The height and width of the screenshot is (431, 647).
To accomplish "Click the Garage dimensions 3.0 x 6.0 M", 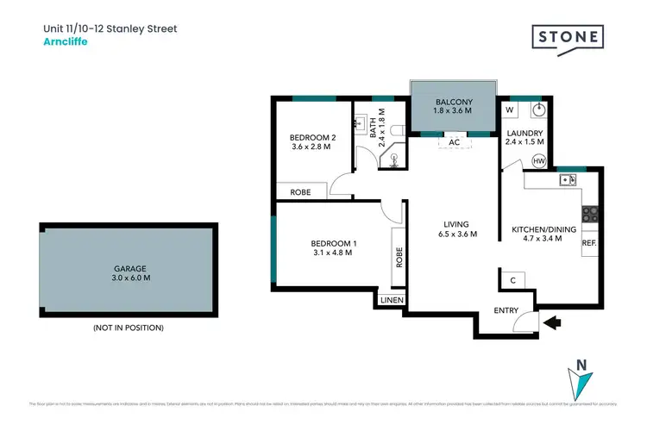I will [127, 278].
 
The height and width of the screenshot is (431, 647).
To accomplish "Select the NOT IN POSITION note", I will [127, 328].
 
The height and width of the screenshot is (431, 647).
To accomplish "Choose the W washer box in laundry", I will [509, 110].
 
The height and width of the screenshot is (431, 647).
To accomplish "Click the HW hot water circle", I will [538, 161].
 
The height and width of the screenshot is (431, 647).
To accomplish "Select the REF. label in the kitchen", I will [589, 243].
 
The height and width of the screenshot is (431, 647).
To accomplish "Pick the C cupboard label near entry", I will [512, 279].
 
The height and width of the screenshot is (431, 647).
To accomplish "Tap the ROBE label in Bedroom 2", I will [300, 192].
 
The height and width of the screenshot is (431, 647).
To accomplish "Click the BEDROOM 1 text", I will [333, 243].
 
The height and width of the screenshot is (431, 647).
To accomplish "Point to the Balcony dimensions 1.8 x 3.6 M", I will [453, 109].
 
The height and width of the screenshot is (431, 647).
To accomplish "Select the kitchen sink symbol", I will [567, 179].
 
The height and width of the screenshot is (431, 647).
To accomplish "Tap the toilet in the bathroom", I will [396, 129].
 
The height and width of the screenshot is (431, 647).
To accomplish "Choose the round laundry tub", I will [538, 110].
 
